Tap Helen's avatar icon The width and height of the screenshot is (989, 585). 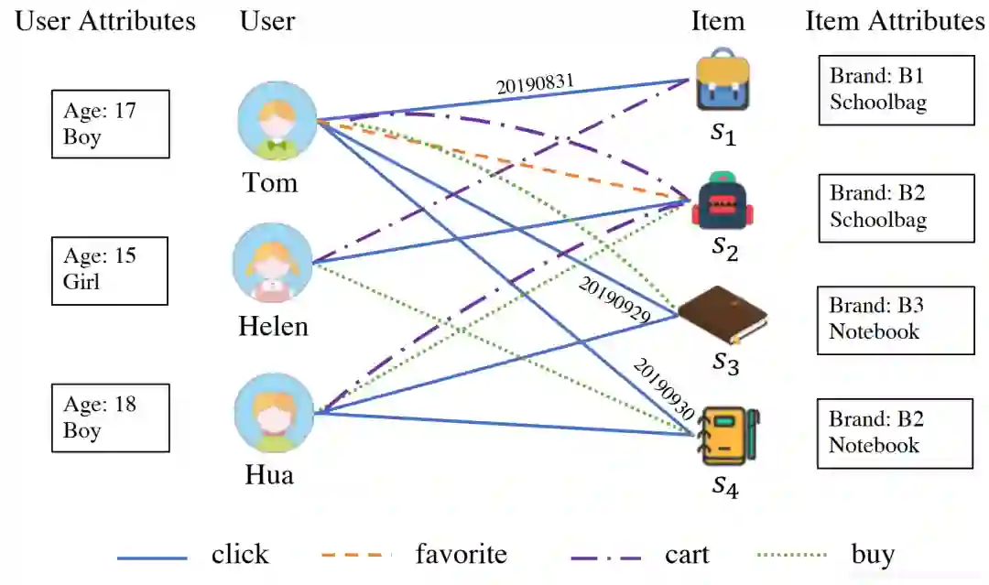(274, 264)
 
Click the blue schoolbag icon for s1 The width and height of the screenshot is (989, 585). (723, 83)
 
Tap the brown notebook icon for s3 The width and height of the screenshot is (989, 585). (723, 316)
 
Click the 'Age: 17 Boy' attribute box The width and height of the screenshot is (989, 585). (110, 124)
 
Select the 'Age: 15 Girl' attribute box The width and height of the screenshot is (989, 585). (109, 270)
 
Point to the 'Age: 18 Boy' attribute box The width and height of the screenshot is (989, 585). (110, 417)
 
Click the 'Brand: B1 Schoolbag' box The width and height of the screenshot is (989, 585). (896, 89)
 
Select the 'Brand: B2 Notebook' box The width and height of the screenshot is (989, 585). (895, 433)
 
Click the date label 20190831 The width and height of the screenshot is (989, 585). (536, 85)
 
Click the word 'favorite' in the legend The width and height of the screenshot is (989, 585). (461, 555)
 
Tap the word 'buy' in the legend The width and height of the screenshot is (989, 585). (872, 555)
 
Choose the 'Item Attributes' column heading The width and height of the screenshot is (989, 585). (895, 21)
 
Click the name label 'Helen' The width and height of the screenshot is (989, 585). (273, 326)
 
